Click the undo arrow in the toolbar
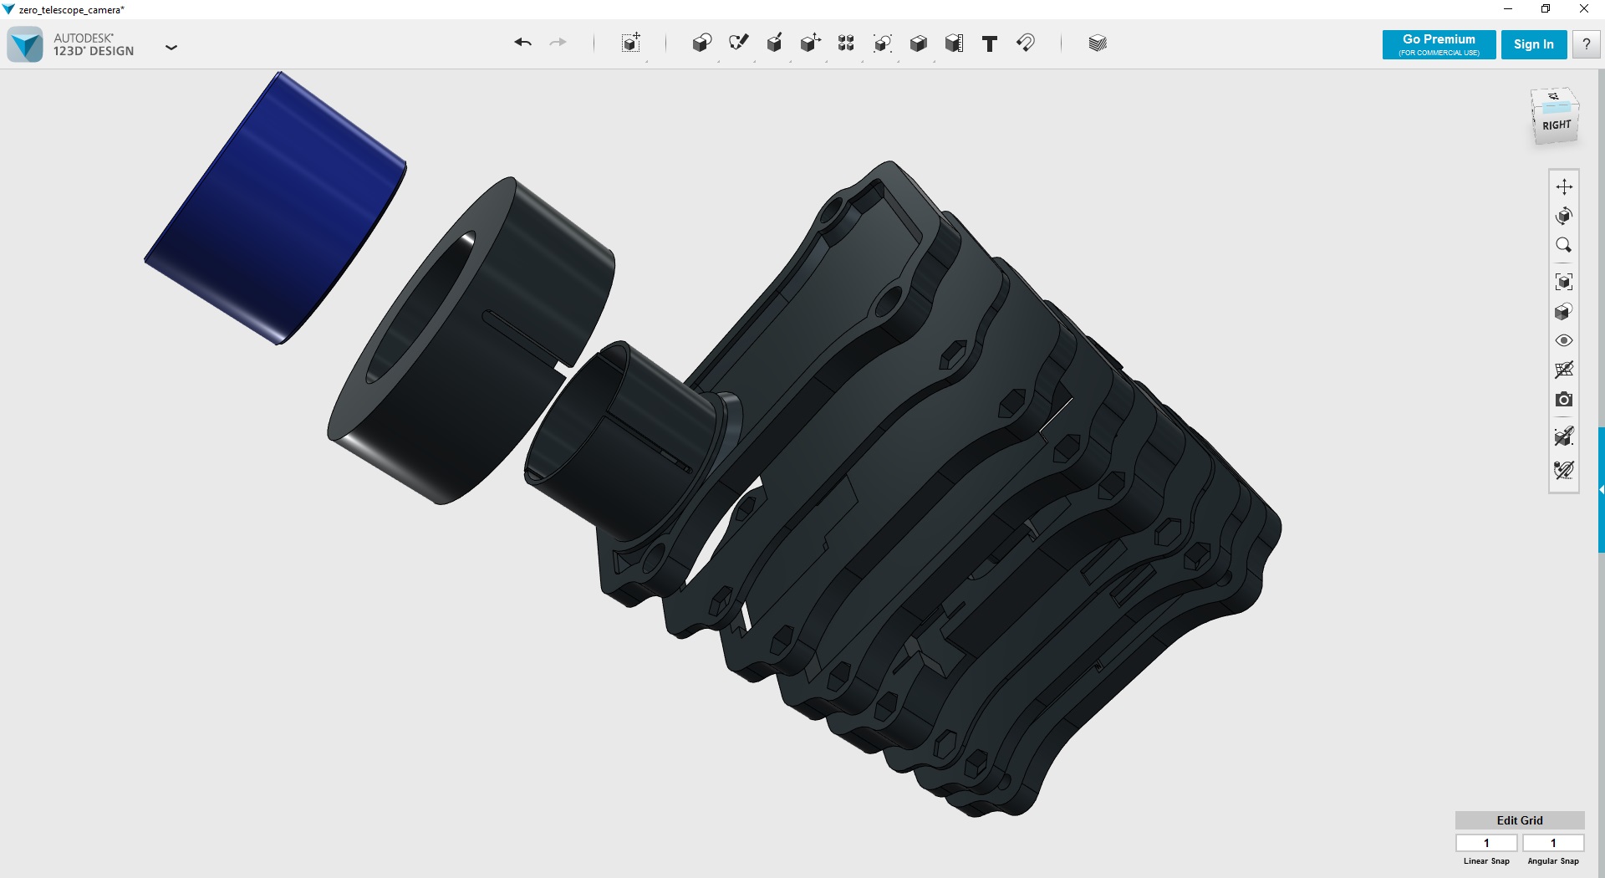pyautogui.click(x=523, y=43)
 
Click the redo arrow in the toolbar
pyautogui.click(x=558, y=43)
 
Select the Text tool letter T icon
pyautogui.click(x=989, y=43)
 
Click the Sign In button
pyautogui.click(x=1533, y=44)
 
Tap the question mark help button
pyautogui.click(x=1586, y=44)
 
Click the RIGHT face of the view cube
pyautogui.click(x=1557, y=125)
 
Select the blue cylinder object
pyautogui.click(x=276, y=209)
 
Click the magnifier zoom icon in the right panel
pyautogui.click(x=1563, y=245)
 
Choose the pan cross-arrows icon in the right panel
pyautogui.click(x=1563, y=186)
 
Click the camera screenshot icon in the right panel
pyautogui.click(x=1563, y=400)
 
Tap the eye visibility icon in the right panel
pyautogui.click(x=1563, y=340)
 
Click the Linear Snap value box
pyautogui.click(x=1486, y=843)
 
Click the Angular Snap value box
pyautogui.click(x=1553, y=843)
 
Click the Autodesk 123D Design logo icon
pyautogui.click(x=25, y=44)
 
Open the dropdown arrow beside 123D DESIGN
pyautogui.click(x=171, y=48)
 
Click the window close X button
pyautogui.click(x=1583, y=9)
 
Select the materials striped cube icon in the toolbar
pyautogui.click(x=1098, y=43)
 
